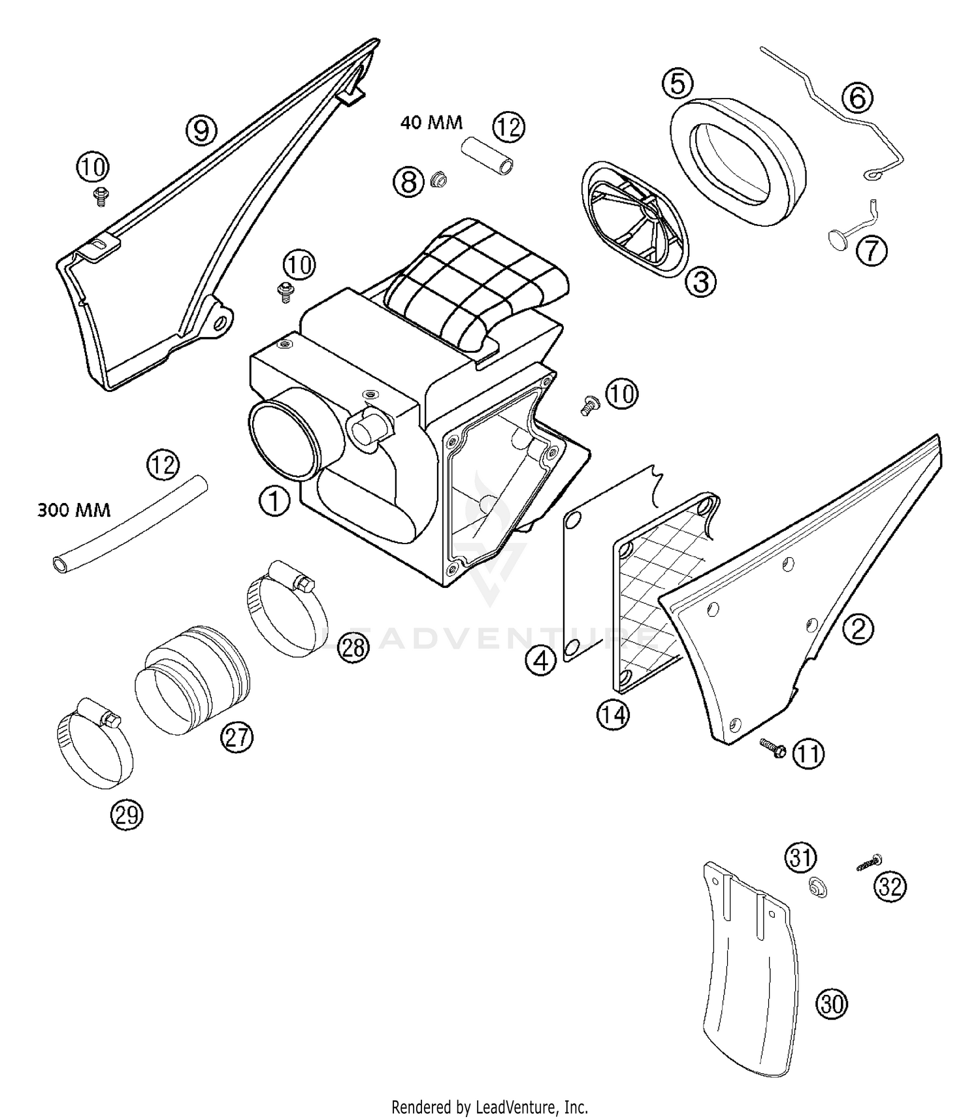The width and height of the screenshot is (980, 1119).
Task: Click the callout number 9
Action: coord(201,129)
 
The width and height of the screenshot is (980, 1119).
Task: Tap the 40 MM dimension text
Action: coord(431,123)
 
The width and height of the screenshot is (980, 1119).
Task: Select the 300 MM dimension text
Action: coord(74,510)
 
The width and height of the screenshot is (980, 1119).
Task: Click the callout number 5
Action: coord(677,84)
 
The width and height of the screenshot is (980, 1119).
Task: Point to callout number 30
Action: coord(832,1003)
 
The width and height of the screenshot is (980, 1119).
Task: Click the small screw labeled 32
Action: coord(868,864)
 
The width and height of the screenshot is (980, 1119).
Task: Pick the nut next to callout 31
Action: coord(816,887)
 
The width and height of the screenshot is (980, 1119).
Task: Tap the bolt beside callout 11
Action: coord(772,748)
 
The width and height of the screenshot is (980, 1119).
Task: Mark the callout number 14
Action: coord(612,715)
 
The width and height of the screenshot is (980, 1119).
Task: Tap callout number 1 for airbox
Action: coord(274,502)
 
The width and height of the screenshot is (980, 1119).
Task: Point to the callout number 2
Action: coord(858,628)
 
